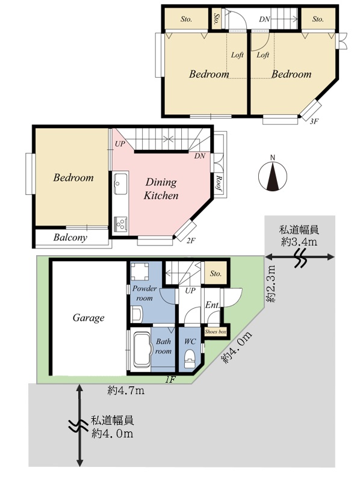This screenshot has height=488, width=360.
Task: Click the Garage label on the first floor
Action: (88, 318)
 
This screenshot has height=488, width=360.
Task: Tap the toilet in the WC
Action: (189, 359)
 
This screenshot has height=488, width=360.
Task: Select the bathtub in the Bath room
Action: (142, 350)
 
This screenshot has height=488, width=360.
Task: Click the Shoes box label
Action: (216, 332)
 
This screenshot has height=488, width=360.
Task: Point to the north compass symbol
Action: (273, 176)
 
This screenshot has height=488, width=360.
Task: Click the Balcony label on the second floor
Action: (70, 238)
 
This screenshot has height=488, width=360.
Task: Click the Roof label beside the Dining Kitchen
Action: (219, 184)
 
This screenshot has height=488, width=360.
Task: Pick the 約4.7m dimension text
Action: (126, 391)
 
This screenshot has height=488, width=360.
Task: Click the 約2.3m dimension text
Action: (272, 283)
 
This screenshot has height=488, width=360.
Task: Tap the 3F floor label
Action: (314, 122)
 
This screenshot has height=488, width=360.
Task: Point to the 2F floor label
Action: (191, 241)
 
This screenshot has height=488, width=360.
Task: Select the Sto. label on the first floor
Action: (216, 274)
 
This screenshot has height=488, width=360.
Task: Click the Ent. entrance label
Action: (212, 305)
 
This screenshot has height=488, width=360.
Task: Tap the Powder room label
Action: (144, 293)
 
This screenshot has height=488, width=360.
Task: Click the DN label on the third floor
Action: (264, 19)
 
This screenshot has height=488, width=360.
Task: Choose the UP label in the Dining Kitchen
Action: (120, 144)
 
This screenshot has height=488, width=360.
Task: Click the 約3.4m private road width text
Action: (299, 236)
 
